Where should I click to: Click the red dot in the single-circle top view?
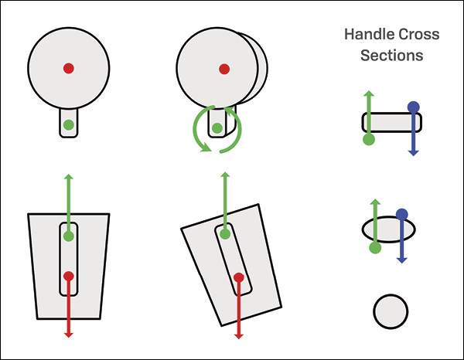(x=69, y=69)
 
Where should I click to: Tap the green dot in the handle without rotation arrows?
(x=69, y=124)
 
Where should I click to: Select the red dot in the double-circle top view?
(x=224, y=69)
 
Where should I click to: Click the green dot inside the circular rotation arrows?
(x=217, y=128)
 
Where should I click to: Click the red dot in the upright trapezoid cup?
(x=69, y=276)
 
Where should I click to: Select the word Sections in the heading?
(x=391, y=56)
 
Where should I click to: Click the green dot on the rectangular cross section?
(x=369, y=139)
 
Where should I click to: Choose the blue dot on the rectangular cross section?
(x=414, y=107)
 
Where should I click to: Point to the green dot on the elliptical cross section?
(x=375, y=248)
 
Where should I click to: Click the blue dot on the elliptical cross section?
(x=401, y=214)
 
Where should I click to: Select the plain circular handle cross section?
(x=391, y=311)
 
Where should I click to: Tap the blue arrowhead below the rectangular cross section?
(x=414, y=151)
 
